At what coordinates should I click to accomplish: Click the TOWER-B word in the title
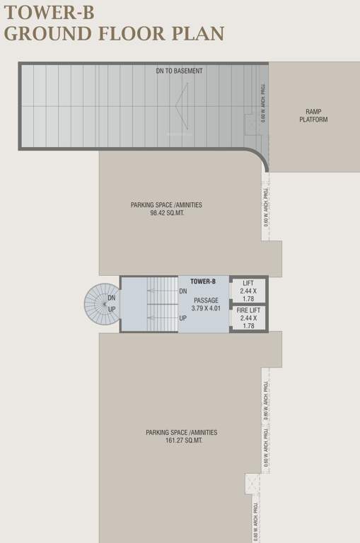tap(49, 12)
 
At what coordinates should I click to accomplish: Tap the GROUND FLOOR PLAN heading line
tap(114, 33)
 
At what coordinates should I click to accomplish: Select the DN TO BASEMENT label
tap(179, 71)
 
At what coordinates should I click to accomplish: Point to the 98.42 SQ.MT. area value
tap(167, 213)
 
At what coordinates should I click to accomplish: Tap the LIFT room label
tap(248, 283)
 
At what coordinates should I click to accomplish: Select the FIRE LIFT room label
tap(248, 310)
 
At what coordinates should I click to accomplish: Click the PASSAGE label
tap(207, 300)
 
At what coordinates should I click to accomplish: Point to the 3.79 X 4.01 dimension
tap(207, 308)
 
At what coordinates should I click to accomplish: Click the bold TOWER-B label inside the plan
tap(203, 282)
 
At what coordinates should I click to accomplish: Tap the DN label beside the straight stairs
tap(183, 291)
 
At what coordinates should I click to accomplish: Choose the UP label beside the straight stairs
tap(183, 318)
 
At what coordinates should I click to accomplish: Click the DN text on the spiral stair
tap(112, 298)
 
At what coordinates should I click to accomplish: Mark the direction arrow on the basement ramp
tap(182, 106)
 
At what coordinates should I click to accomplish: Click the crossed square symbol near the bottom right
tap(253, 484)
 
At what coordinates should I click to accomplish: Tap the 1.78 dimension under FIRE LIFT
tap(248, 326)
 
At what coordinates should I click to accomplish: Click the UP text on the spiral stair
tap(112, 309)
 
